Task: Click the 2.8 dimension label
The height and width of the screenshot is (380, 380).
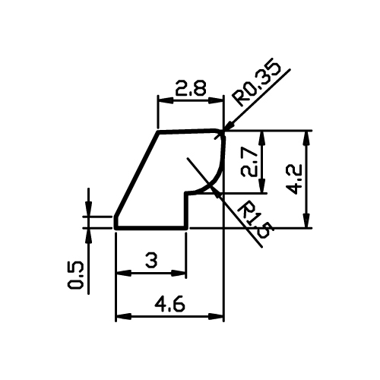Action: tap(191, 88)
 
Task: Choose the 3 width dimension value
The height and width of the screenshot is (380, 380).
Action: tap(151, 261)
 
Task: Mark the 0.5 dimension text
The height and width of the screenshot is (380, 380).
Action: tap(76, 275)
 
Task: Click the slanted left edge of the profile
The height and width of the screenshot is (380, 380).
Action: tap(137, 174)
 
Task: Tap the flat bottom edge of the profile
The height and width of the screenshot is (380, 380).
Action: tap(151, 228)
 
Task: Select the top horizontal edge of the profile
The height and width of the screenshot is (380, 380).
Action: tap(188, 131)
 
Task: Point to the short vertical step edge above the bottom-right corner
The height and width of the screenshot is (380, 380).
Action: tap(187, 211)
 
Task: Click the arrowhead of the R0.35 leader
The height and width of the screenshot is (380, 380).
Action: tap(229, 126)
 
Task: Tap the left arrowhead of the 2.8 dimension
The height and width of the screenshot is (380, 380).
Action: tap(166, 101)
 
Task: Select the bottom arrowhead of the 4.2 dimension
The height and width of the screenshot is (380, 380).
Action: tap(307, 220)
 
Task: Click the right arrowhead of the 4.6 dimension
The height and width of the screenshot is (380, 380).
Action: tap(216, 316)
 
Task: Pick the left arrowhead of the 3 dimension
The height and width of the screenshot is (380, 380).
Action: tap(124, 274)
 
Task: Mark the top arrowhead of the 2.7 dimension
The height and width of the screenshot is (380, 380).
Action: tap(262, 139)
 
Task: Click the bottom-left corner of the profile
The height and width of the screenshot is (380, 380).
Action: tap(116, 228)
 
